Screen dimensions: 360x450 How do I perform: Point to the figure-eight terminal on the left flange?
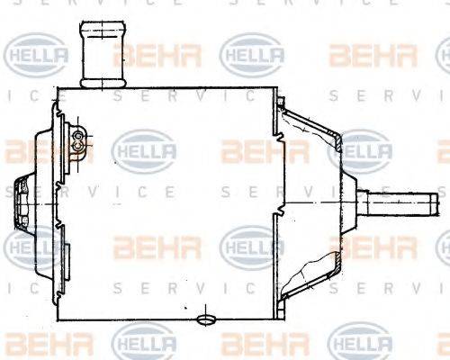pos(78,139)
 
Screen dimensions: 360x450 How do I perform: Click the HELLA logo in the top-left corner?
pos(35,55)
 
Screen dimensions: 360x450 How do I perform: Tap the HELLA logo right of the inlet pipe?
pos(253,54)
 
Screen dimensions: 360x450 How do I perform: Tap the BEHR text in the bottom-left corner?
pos(36,344)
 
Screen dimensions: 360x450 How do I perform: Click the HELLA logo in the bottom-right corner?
pos(360,344)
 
